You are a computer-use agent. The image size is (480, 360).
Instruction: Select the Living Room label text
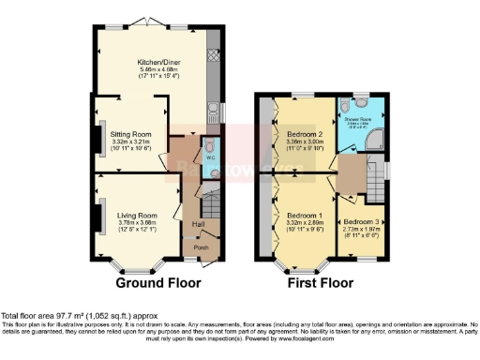pyautogui.click(x=136, y=215)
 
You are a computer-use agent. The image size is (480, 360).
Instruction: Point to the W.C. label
pyautogui.click(x=209, y=158)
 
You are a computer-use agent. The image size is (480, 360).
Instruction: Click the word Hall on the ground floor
pyautogui.click(x=199, y=224)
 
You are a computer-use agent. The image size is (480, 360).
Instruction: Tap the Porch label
pyautogui.click(x=200, y=247)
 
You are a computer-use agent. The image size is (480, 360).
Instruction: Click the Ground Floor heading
pyautogui.click(x=155, y=281)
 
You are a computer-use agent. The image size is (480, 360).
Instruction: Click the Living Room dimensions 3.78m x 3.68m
pyautogui.click(x=136, y=223)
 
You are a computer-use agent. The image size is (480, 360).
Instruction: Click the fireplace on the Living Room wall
pyautogui.click(x=97, y=216)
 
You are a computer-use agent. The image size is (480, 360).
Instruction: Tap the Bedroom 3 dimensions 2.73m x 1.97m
pyautogui.click(x=360, y=229)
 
